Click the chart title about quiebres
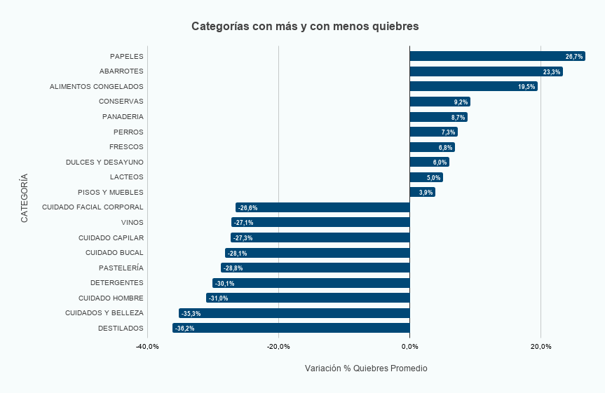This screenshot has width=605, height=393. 305,26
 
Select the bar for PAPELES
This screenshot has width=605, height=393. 497,56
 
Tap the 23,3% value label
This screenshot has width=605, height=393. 551,72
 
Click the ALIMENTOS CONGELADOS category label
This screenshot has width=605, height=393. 96,87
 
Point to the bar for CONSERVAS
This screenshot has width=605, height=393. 440,102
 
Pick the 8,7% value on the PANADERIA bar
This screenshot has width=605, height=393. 458,118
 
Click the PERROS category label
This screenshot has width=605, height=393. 128,132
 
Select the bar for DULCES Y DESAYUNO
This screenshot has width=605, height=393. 429,162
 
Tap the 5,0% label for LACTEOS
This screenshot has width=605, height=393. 433,178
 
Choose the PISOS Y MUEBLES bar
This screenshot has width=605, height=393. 422,192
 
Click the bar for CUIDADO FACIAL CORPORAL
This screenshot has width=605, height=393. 322,207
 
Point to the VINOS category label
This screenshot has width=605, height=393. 132,223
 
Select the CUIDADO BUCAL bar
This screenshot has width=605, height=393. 318,253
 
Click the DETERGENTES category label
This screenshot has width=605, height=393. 116,283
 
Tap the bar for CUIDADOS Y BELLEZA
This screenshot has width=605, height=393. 294,313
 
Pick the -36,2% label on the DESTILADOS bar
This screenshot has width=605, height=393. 185,329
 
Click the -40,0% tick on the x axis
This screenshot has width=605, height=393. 147,347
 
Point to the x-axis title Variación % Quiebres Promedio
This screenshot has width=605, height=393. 366,368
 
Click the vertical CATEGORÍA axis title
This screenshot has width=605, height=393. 25,198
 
